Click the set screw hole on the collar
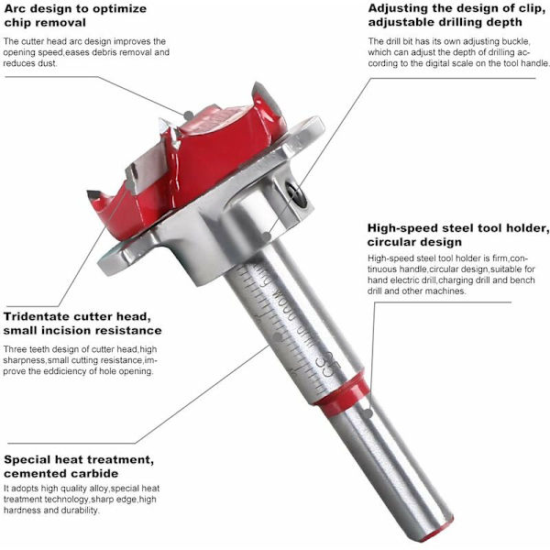[296, 194]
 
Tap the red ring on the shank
[342, 394]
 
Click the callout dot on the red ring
[368, 414]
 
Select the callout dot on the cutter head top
[188, 115]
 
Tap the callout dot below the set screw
[267, 236]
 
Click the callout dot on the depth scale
[278, 336]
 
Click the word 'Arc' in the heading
[16, 8]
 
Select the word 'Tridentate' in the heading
[37, 316]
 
